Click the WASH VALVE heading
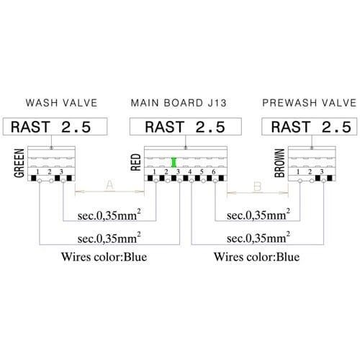61,103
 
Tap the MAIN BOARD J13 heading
179,103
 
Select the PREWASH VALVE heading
310,103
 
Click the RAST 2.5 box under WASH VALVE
55,127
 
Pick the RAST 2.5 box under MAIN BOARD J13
186,127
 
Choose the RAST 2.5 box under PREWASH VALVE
310,127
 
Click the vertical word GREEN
19,163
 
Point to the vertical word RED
135,162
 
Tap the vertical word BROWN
279,163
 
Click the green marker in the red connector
174,162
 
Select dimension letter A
109,185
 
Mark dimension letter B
257,186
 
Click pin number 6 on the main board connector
214,172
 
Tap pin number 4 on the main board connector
190,172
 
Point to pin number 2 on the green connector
50,172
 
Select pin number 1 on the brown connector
298,172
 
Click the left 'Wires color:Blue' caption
104,257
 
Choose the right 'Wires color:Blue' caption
256,257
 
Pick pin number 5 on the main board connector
202,172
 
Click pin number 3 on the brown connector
322,172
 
